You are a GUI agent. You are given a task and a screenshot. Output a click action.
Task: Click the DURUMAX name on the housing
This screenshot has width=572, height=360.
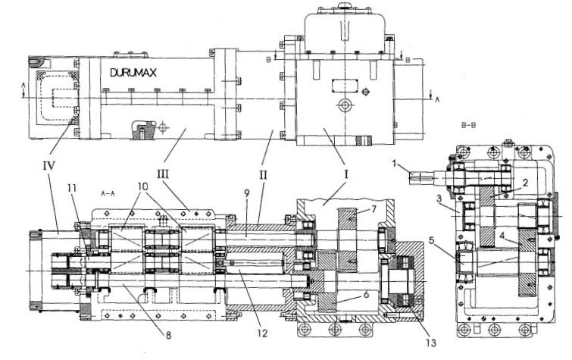(133, 73)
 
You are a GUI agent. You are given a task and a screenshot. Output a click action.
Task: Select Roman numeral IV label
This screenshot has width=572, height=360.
(48, 166)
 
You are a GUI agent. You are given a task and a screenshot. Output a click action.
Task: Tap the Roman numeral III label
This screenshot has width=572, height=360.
(163, 174)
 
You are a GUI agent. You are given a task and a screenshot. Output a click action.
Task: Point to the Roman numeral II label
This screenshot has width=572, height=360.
(263, 175)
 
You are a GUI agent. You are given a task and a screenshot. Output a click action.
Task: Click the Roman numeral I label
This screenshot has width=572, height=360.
(346, 174)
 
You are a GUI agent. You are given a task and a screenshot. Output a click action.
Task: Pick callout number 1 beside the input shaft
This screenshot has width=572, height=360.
(394, 163)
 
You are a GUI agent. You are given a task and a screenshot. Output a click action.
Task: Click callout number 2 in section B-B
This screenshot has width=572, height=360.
(524, 183)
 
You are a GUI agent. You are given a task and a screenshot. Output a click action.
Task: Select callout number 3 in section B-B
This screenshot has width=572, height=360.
(439, 199)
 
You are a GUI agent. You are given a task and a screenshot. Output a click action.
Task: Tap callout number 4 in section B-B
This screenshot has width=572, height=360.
(502, 236)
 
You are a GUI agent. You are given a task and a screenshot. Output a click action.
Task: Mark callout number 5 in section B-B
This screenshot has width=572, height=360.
(432, 240)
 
